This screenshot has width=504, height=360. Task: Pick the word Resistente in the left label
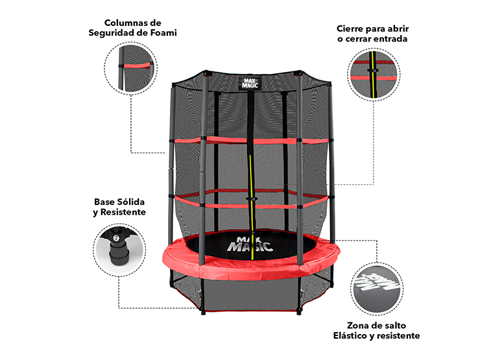coord(123,212)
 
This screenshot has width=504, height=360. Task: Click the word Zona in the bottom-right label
coord(357,326)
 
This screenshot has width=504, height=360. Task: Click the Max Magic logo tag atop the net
coord(250,83)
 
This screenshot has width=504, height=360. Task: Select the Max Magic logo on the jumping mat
coord(250,245)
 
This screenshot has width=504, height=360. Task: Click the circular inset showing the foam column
coord(130,68)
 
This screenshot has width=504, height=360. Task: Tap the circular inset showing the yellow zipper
coord(374,74)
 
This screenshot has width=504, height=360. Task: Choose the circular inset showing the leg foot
coord(119,250)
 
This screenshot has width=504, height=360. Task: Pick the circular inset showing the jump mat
coord(376,289)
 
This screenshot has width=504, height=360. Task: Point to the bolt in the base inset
coord(115,237)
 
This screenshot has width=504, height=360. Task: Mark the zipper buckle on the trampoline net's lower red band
coord(252,199)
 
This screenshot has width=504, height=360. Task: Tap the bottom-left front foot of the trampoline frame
coord(203,311)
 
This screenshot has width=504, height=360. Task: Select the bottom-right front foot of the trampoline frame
coord(299,311)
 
